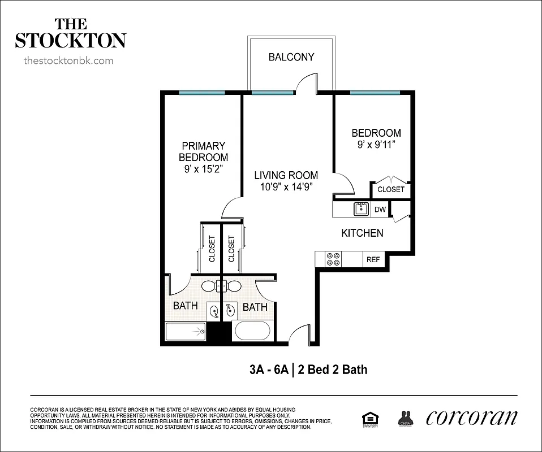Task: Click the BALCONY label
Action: (291, 57)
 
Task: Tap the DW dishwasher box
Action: (380, 210)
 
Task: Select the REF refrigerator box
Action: (373, 259)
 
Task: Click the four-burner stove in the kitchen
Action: (333, 259)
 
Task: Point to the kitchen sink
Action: (361, 209)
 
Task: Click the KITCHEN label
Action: (362, 233)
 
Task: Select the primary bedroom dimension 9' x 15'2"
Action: (203, 168)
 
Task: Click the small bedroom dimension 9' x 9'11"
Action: (376, 144)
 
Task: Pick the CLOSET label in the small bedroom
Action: (391, 189)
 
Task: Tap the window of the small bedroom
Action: (375, 92)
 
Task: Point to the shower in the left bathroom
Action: (185, 331)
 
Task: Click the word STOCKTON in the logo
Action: (70, 41)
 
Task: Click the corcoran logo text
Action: (471, 417)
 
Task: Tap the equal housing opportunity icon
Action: (370, 418)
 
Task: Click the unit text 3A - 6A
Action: (268, 370)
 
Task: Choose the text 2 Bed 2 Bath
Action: (332, 370)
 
